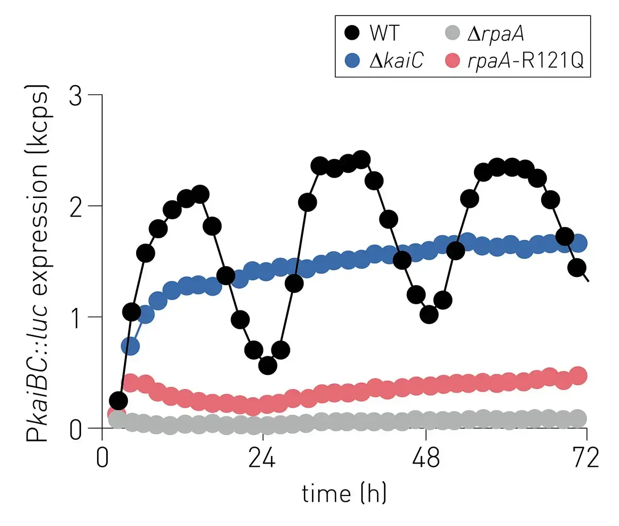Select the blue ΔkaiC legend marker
coord(352,61)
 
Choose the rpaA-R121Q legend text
coord(525,61)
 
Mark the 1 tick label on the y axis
coord(76,317)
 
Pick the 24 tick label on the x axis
coord(262,458)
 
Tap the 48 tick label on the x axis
coord(426,458)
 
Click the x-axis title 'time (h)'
coord(344,494)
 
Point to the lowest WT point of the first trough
coord(268,365)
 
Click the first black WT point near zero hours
coord(118,400)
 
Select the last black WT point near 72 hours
coord(577,268)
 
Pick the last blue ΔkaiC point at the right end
coord(579,243)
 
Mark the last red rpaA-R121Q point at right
coord(579,375)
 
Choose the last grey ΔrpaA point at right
coord(579,418)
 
